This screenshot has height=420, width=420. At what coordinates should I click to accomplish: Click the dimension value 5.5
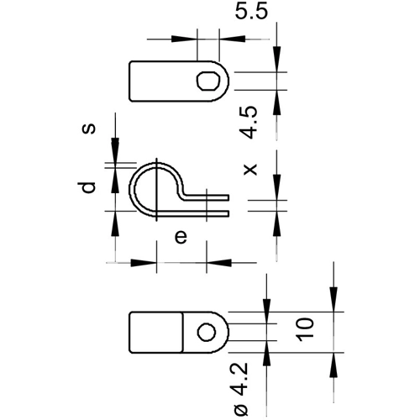pos(251,12)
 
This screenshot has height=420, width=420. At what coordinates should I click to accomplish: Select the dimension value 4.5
pos(249,122)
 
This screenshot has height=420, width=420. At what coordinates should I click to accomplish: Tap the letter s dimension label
pos(88,129)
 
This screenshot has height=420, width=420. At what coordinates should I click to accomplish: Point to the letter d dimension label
pos(87,187)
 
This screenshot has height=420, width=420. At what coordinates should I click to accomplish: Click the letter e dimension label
pos(181,237)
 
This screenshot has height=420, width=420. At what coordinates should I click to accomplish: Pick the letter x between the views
pos(250,170)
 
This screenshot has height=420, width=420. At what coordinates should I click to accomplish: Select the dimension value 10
pos(305,329)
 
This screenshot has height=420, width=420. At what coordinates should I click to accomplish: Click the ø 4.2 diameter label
pos(241,389)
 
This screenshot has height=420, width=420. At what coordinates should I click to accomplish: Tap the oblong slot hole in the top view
pos(208,81)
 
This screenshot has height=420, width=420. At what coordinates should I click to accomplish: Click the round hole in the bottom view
pos(207,332)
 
